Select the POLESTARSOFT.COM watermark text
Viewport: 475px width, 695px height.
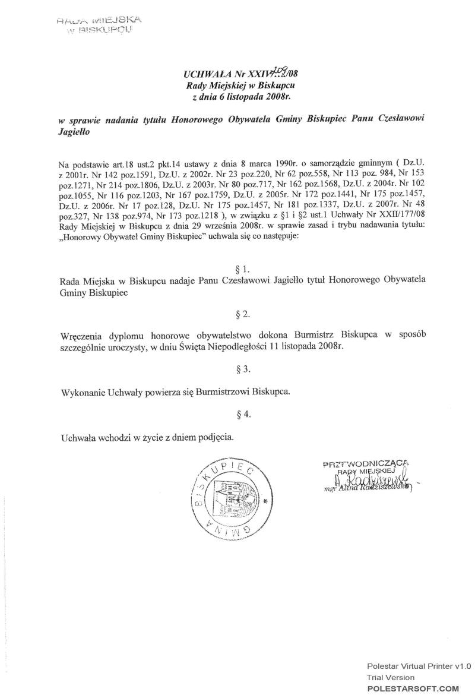(x=413, y=688)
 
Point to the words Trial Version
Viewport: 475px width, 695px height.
(x=391, y=677)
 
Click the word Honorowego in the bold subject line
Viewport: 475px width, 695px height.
(x=195, y=119)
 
